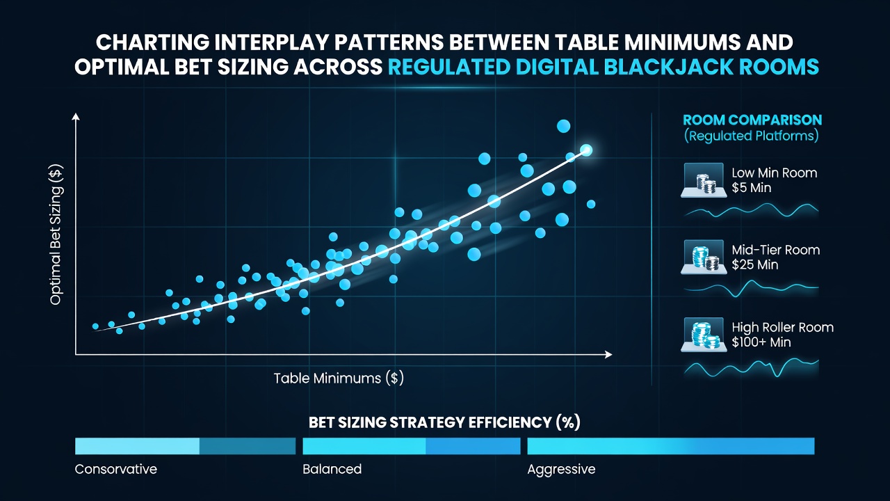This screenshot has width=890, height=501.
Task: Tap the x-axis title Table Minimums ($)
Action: (x=339, y=378)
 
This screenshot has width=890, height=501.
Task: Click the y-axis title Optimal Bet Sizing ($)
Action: (x=56, y=234)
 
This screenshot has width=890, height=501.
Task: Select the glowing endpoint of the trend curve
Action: (x=586, y=150)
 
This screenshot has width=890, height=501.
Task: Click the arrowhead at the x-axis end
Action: (x=608, y=354)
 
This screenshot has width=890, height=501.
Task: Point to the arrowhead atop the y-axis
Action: (x=76, y=116)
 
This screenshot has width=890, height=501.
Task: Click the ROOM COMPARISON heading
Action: (x=752, y=120)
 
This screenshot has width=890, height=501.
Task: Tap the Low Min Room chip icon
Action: (x=704, y=180)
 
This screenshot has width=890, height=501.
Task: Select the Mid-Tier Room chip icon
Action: (x=704, y=257)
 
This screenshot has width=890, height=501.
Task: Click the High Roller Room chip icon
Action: (x=704, y=335)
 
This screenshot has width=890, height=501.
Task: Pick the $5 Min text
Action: (x=752, y=188)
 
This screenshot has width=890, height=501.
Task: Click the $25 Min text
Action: (x=755, y=265)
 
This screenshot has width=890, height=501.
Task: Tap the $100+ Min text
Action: (x=761, y=342)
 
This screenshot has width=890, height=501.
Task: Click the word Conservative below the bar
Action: (x=116, y=469)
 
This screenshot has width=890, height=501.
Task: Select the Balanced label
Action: (x=332, y=469)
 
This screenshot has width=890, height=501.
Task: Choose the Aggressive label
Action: (x=561, y=470)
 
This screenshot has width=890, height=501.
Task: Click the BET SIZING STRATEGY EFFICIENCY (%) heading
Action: (x=444, y=422)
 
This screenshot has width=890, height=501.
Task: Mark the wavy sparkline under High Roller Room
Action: (x=751, y=367)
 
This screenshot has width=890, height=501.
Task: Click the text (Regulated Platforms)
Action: (x=752, y=136)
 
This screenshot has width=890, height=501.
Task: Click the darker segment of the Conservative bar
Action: (x=248, y=446)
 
